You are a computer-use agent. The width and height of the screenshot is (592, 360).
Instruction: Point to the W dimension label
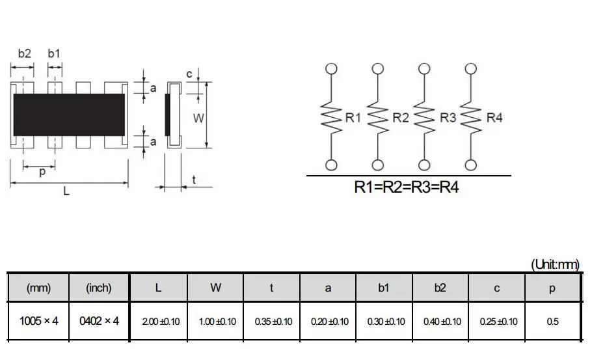pos(199,118)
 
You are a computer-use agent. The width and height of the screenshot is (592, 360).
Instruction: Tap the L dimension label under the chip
pos(66,191)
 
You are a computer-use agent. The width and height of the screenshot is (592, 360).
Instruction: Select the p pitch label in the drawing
pos(43,173)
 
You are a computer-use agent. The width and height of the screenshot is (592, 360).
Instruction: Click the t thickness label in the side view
pos(194,180)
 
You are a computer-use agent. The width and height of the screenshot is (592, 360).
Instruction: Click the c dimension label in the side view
pos(189,74)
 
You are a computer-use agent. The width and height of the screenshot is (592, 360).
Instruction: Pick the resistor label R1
pos(353,118)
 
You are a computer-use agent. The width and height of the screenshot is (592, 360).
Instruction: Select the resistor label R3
pos(448,118)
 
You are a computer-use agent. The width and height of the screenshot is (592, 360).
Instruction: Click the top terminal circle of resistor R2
pos(377,68)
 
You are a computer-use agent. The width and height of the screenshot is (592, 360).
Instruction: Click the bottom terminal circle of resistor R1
pos(331,165)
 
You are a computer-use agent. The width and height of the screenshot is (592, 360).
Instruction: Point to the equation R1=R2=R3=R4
pos(407,187)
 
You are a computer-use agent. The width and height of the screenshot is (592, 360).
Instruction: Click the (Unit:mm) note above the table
pos(555,264)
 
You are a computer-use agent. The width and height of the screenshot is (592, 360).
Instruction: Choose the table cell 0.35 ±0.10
pos(272,321)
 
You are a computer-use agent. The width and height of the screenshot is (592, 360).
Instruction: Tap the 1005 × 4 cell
pos(38,320)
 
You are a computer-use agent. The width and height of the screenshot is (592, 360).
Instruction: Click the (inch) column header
pos(99,288)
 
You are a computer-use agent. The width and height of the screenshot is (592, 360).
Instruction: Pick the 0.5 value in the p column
pos(552,321)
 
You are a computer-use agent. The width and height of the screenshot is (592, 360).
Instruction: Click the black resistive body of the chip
pos(68,114)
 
